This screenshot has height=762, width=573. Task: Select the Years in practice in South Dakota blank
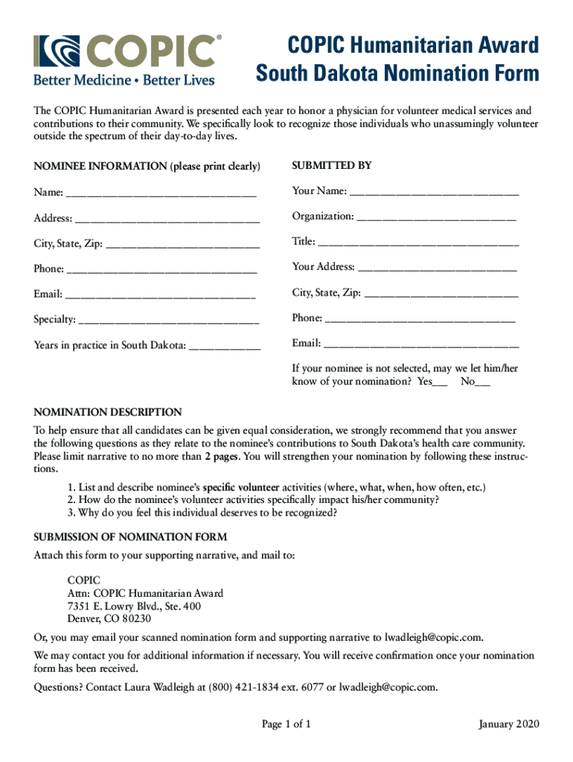point(225,346)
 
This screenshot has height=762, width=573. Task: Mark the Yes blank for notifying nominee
point(440,383)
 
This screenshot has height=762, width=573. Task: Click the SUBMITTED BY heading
point(332,166)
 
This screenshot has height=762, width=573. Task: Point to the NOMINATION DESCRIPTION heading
point(108,412)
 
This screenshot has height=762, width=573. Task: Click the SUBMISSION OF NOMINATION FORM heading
point(130,537)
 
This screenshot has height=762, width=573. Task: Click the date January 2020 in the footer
point(510,725)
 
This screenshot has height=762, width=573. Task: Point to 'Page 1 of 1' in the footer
point(286,725)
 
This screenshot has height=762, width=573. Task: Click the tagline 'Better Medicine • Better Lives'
point(124,79)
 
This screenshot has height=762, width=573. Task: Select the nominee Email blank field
point(160,295)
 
